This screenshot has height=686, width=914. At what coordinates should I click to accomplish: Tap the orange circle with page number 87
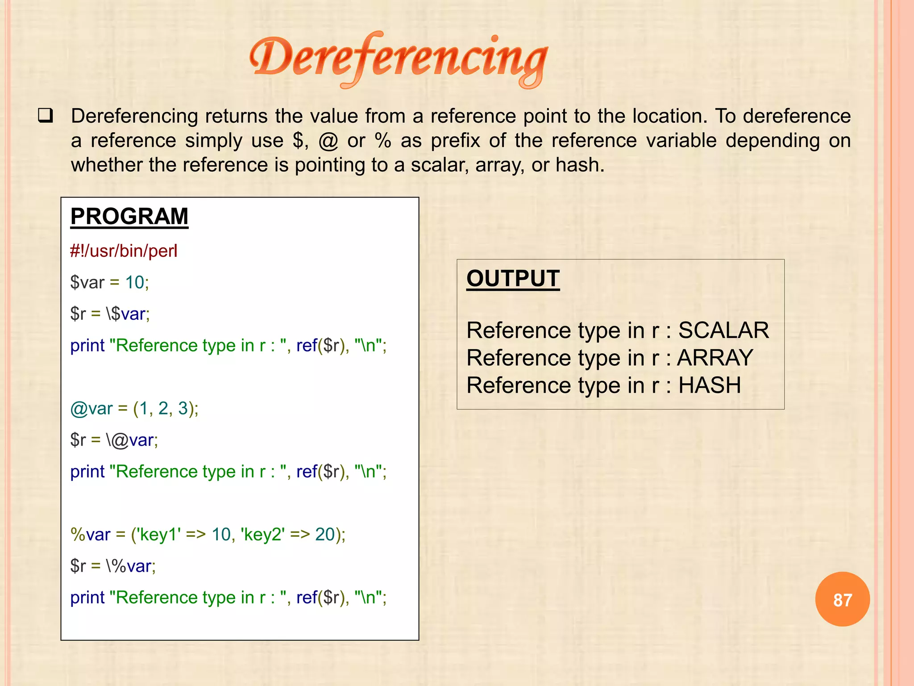coord(842,599)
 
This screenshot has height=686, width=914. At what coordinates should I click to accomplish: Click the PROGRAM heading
coord(129,217)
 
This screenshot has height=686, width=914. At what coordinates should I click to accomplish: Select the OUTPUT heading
coord(513,279)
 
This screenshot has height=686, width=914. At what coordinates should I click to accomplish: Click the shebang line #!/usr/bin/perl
coord(124,251)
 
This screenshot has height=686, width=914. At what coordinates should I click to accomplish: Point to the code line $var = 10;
coord(109,283)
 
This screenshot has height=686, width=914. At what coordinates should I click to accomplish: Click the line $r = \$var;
coord(110,314)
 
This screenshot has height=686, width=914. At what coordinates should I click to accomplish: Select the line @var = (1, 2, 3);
coord(134,409)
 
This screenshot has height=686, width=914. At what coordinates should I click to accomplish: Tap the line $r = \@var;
coord(114,440)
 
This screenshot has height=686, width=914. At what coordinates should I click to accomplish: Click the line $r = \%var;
coord(113,566)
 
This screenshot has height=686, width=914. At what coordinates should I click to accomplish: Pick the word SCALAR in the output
coord(723,330)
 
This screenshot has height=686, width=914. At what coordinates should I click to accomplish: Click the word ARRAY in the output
coord(715,358)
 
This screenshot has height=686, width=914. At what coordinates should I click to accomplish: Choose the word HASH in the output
coord(710,385)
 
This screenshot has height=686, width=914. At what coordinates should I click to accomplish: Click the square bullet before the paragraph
coord(46,116)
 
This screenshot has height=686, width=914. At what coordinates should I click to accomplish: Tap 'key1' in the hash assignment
coord(160,535)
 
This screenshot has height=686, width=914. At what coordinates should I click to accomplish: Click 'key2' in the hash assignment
coord(263,535)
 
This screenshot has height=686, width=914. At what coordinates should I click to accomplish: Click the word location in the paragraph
coord(670,116)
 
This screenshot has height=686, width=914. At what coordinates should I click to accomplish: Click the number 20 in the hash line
coord(325,535)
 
